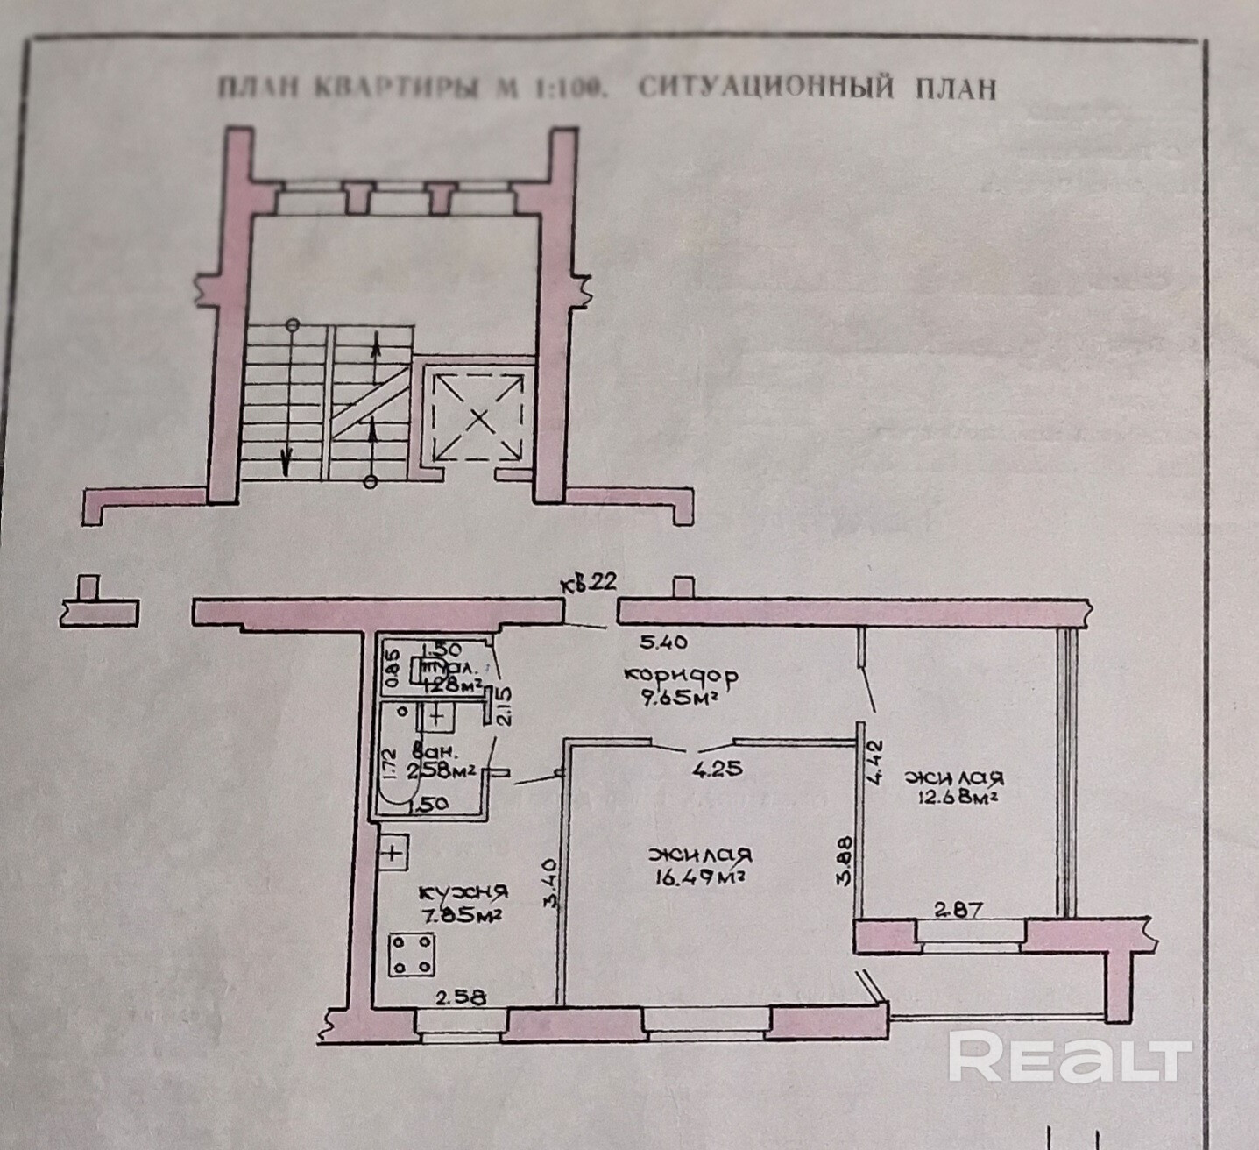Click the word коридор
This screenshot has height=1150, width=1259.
681,677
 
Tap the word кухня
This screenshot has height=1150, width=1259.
463,892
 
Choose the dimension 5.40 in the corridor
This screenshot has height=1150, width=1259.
662,642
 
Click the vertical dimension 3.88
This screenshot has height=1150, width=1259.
844,864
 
